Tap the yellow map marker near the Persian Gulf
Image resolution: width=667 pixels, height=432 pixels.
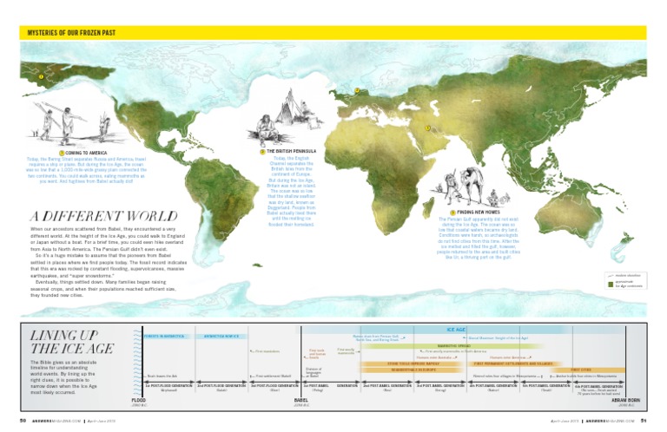point(427,130)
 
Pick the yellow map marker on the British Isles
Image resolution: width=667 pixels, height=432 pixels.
point(357,90)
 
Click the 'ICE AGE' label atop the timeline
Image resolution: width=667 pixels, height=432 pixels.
point(458,330)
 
